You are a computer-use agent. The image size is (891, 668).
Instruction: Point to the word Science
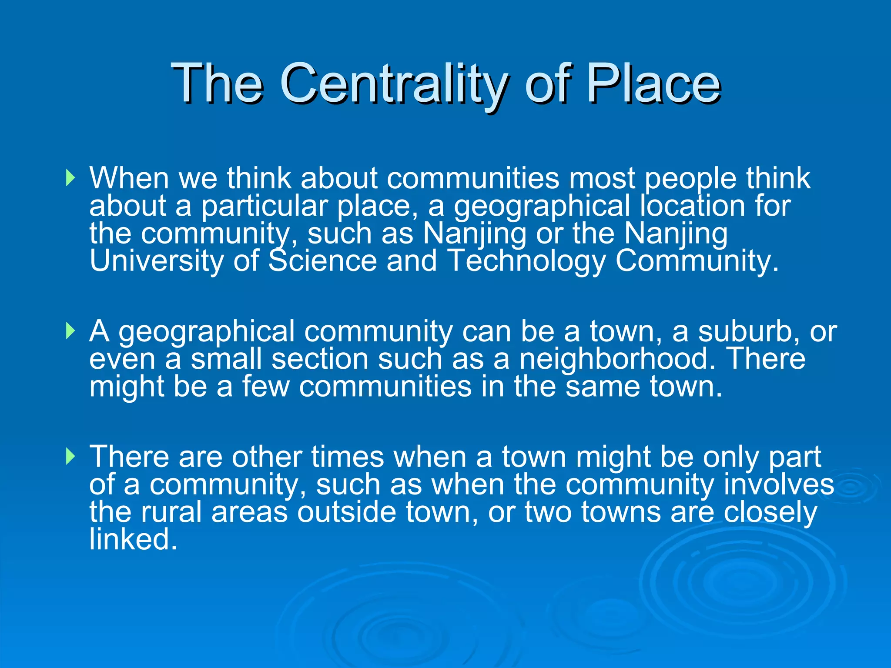pyautogui.click(x=322, y=261)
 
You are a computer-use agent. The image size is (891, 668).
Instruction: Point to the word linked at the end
pyautogui.click(x=133, y=539)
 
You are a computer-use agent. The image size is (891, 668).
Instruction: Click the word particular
pyautogui.click(x=264, y=206)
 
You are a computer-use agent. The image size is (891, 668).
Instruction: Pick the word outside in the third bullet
pyautogui.click(x=347, y=512)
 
